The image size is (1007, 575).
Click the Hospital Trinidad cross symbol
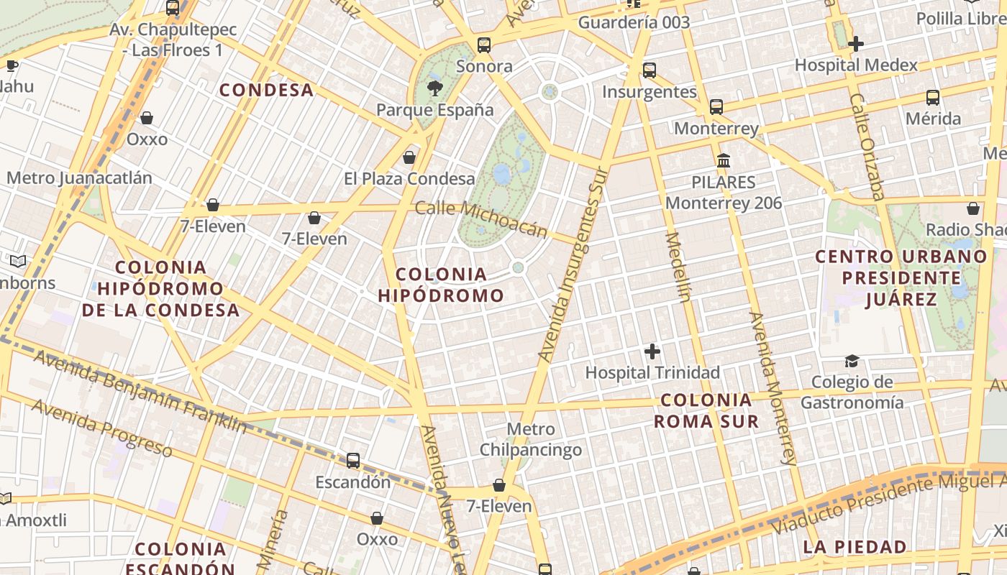[652, 351]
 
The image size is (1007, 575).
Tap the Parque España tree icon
[434, 88]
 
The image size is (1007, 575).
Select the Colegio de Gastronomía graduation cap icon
[852, 361]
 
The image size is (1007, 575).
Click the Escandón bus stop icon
[353, 461]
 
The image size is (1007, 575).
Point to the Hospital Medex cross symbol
[856, 44]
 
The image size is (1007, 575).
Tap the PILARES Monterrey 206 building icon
[724, 160]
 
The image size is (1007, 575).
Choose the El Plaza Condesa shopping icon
[409, 157]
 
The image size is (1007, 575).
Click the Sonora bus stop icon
[484, 45]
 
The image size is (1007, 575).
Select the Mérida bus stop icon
[933, 98]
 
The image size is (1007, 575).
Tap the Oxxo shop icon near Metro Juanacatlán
[147, 118]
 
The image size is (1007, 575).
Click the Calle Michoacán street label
[481, 218]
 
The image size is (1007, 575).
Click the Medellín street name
[678, 267]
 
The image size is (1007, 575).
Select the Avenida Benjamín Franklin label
[140, 392]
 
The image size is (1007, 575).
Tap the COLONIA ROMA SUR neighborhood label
[706, 410]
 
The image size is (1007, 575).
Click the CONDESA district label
[266, 90]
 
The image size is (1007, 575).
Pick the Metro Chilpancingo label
[531, 440]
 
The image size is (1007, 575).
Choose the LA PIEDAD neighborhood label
[855, 547]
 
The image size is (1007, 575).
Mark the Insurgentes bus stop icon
[650, 70]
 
